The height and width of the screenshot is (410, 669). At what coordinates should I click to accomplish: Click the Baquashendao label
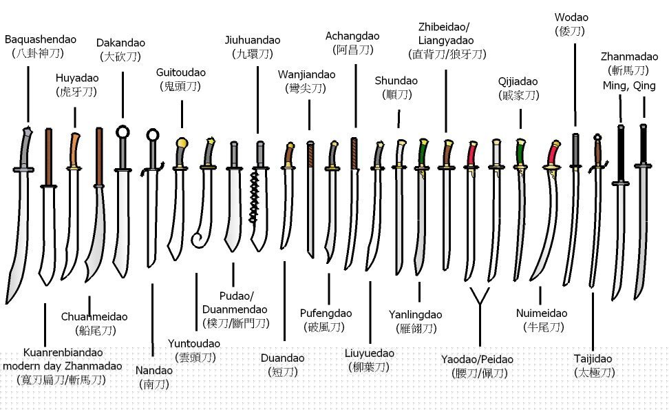point(41,40)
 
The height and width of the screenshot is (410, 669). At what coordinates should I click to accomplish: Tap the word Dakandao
point(120,43)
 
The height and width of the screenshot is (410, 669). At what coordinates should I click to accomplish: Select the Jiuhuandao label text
point(253,41)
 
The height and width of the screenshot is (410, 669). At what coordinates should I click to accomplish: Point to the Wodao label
point(571,17)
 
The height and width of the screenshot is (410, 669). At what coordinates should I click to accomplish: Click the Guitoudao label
point(181,72)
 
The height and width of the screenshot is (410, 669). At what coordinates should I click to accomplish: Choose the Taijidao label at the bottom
point(593,359)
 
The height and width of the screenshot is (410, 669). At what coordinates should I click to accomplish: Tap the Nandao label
point(154,370)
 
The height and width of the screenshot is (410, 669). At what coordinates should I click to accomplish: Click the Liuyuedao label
point(370,353)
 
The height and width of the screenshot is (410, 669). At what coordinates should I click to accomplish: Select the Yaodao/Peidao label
point(477,359)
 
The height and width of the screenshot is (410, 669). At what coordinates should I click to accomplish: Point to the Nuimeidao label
point(542,313)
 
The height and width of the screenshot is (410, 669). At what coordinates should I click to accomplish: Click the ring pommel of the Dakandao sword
point(123,132)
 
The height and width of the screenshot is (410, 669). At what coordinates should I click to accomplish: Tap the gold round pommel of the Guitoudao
point(182,143)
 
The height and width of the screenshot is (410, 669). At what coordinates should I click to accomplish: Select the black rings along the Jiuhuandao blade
point(254,196)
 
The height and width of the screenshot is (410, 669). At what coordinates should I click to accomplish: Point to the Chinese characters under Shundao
point(397,94)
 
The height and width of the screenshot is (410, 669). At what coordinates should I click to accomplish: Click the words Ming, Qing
point(629,86)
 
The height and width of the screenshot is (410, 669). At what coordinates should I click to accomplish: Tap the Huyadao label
point(77,78)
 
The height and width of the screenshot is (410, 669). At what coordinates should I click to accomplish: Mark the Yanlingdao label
point(415,315)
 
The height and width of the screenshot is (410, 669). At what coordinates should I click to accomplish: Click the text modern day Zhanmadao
point(63,366)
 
